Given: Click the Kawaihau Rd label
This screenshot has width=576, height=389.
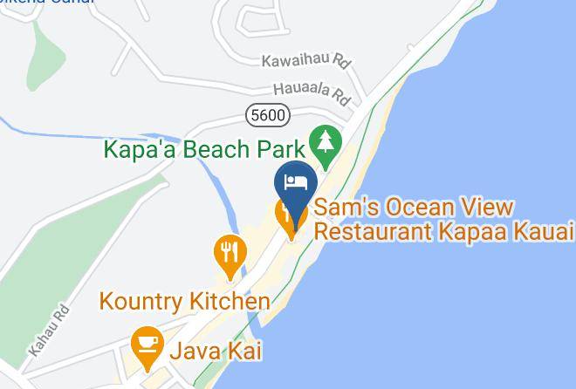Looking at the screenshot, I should tap(305, 62).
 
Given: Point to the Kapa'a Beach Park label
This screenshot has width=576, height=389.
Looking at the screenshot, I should tap(204, 148).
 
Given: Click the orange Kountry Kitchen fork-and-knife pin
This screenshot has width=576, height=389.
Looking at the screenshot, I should tap(230, 254).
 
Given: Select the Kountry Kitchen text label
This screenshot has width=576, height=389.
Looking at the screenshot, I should tap(184, 302).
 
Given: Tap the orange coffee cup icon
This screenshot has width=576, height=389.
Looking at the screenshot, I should tap(146, 346).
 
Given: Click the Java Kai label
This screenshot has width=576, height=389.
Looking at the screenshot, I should tap(215, 351).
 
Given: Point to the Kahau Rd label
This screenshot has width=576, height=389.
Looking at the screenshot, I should tap(48, 330).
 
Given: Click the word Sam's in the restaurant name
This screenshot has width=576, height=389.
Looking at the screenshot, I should tap(343, 208).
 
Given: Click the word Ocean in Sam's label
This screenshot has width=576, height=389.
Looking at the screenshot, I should tap(410, 208).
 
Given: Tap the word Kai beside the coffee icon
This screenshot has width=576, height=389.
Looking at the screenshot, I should tap(244, 351).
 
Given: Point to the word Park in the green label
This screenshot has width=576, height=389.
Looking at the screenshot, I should tap(280, 148).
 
